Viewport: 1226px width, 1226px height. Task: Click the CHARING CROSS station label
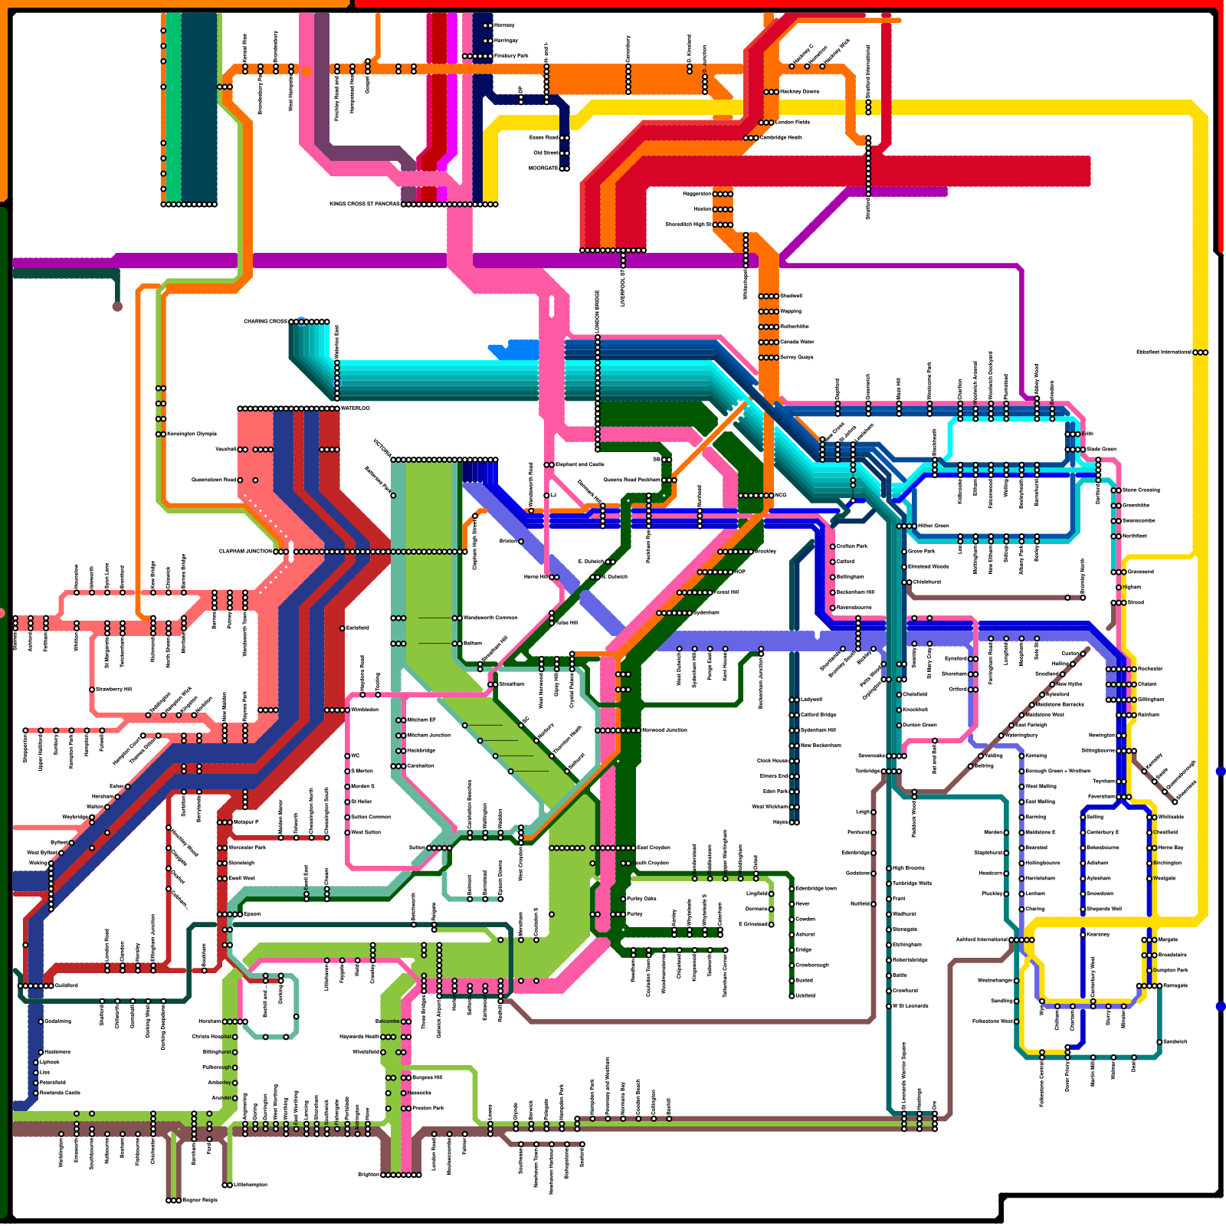[x=265, y=322]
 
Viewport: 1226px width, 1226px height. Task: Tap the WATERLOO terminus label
[x=355, y=408]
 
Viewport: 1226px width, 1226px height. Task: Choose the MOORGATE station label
[x=543, y=169]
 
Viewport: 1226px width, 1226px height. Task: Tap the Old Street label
[x=546, y=153]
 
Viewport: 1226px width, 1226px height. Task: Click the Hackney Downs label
[x=799, y=92]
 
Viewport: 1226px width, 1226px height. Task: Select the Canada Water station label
[x=797, y=343]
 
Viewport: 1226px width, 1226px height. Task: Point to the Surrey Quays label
[x=796, y=358]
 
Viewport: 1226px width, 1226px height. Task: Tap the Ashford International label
[x=982, y=940]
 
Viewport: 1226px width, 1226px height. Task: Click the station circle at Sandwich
[x=1158, y=1042]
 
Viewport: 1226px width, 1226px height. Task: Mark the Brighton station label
[x=369, y=1175]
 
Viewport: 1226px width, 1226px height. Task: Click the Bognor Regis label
[x=200, y=1201]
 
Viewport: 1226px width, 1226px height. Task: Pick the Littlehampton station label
[x=251, y=1185]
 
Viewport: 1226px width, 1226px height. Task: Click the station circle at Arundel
[x=235, y=1098]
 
